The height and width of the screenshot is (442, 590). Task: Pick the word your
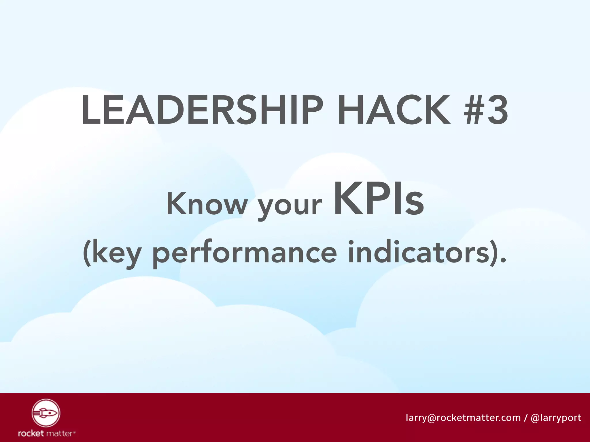290,206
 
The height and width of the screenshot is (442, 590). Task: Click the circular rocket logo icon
46,413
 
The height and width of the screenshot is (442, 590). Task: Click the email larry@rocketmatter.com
463,418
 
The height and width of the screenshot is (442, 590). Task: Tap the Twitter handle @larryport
556,418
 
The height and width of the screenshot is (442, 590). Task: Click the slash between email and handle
526,418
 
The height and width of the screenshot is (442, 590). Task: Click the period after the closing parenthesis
503,260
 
